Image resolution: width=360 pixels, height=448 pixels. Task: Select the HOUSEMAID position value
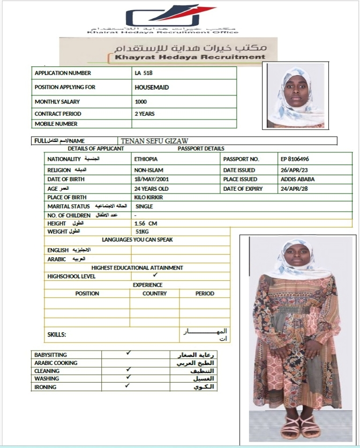tap(153, 87)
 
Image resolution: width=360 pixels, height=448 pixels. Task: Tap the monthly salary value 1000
tap(140, 101)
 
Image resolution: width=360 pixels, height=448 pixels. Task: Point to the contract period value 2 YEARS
tap(145, 114)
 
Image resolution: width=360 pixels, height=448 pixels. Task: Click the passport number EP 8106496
tap(295, 159)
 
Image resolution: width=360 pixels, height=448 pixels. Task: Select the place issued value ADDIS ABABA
tap(297, 179)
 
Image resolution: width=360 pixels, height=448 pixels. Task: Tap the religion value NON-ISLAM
tap(149, 169)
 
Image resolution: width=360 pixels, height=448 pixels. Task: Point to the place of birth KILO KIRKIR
tap(149, 198)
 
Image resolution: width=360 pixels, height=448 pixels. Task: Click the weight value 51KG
tap(141, 232)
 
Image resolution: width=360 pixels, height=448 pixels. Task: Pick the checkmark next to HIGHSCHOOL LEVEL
tap(155, 275)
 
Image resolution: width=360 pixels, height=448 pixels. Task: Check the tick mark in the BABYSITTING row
tap(128, 353)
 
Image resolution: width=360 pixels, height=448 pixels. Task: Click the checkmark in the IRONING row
tap(127, 385)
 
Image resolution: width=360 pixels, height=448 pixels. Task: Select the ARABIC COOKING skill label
tap(56, 363)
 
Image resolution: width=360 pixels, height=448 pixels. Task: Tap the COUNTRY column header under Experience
tap(154, 294)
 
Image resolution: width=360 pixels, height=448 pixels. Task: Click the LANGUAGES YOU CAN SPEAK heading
tap(137, 240)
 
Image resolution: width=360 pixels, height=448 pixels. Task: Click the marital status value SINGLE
tap(144, 206)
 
